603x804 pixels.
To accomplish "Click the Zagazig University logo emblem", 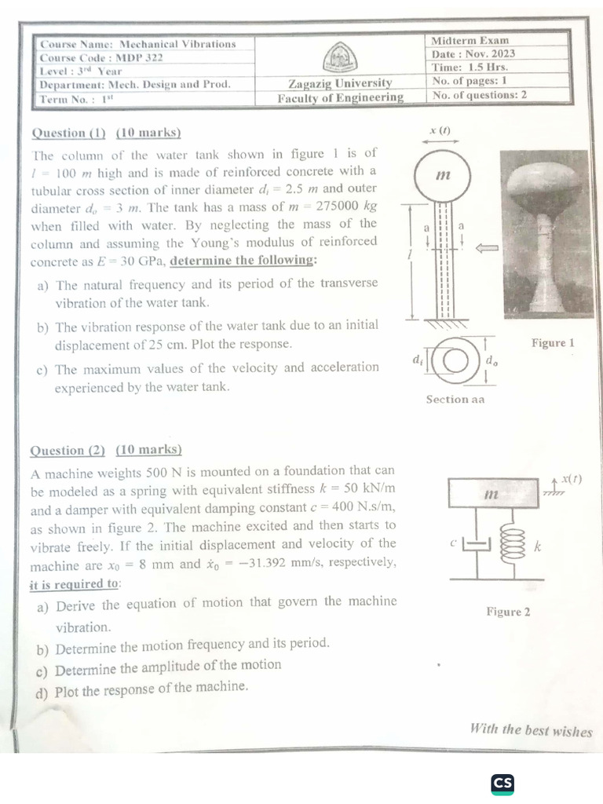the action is (340, 58).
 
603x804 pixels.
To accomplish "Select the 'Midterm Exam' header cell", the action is (470, 41).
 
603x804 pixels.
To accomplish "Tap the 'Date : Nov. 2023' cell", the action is (473, 54).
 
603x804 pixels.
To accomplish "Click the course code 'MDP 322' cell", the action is (101, 58).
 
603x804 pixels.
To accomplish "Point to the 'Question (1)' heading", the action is (69, 133).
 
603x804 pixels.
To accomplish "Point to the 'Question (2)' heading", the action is (68, 450).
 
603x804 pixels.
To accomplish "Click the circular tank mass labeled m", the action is (442, 175).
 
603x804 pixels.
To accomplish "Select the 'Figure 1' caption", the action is (553, 342).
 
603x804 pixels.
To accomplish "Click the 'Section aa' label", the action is (455, 400).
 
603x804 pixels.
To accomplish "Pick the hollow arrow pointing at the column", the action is (487, 248).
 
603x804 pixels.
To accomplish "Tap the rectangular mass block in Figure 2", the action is (493, 493).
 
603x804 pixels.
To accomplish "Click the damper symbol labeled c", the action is (477, 545).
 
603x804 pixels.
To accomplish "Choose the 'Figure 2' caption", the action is (508, 612).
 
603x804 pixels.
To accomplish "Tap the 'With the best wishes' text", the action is (532, 729).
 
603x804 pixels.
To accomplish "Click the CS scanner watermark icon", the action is (502, 784).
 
